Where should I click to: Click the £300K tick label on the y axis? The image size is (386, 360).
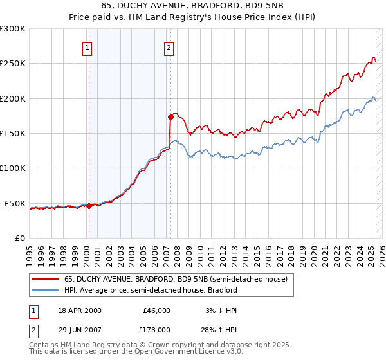[13, 29]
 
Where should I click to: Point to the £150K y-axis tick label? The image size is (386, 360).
[13, 134]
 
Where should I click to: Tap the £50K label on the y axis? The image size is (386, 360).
[15, 203]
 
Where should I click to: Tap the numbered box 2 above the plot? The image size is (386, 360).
[169, 47]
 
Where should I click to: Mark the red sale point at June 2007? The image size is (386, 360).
[170, 117]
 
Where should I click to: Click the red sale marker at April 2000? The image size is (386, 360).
[89, 206]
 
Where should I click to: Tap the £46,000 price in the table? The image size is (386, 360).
[156, 310]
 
